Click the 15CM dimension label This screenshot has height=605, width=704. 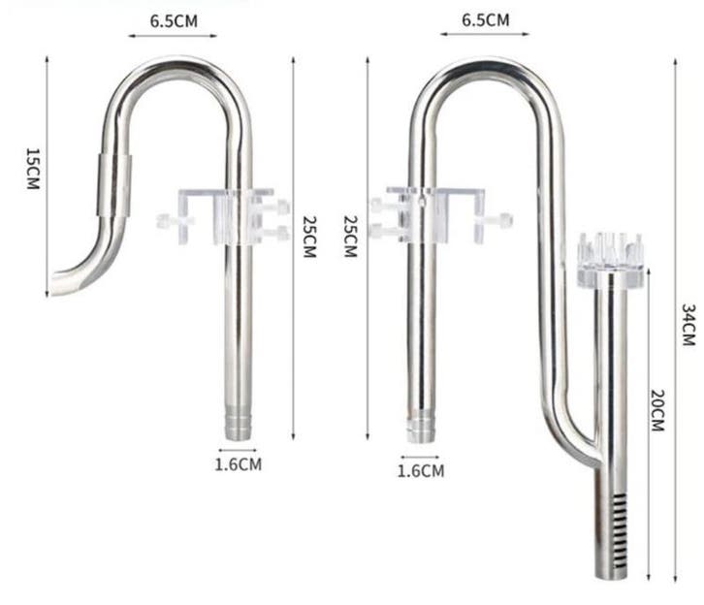(x=32, y=169)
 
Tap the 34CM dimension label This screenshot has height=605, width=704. (x=687, y=325)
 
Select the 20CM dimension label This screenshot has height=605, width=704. (x=656, y=410)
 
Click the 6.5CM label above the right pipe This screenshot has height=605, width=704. (x=485, y=18)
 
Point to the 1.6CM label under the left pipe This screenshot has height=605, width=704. (x=238, y=464)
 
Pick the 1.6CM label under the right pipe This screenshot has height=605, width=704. (x=421, y=471)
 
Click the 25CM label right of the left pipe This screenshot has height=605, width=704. (x=308, y=236)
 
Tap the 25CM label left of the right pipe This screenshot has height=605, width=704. (x=351, y=236)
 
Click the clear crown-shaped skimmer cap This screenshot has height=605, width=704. (x=609, y=258)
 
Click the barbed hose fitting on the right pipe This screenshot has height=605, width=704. (x=420, y=429)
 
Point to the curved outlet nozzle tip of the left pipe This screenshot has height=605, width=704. (x=61, y=284)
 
